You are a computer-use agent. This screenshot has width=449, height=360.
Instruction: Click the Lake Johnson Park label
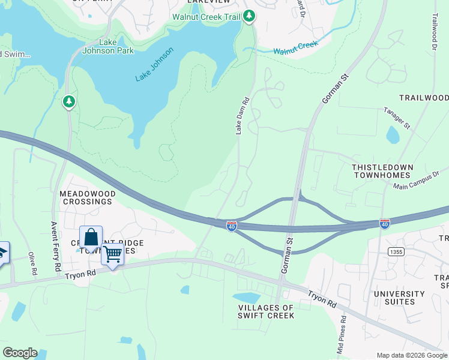point(116,46)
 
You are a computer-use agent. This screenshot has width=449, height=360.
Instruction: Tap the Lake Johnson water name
point(154,65)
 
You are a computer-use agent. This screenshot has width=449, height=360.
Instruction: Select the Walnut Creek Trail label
point(207,16)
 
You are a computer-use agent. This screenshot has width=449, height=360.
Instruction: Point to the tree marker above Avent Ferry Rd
point(70,101)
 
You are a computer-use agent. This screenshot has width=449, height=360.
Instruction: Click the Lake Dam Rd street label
point(243,116)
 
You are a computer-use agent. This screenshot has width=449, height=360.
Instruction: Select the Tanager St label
point(397,119)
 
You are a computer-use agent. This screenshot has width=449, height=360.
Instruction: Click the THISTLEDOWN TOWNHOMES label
point(381,170)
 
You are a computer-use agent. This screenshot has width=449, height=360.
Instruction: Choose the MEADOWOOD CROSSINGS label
point(86,197)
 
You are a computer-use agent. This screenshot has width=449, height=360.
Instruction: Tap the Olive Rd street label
point(31,262)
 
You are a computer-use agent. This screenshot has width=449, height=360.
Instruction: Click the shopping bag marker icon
point(91,238)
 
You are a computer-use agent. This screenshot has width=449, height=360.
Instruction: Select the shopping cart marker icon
point(112,255)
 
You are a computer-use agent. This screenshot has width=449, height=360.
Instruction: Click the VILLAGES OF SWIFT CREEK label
point(267,311)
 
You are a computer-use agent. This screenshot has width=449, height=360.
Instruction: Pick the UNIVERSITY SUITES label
point(399,298)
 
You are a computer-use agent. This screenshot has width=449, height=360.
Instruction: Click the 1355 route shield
point(395,251)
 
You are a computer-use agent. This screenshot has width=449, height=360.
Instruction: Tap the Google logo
point(20,353)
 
